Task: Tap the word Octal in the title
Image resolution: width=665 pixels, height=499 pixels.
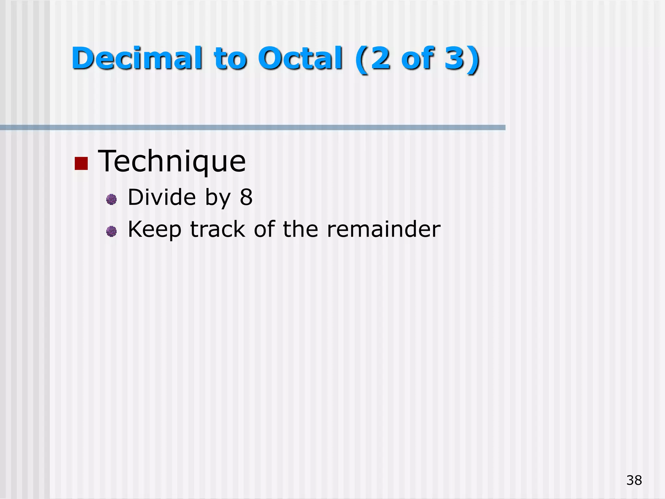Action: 300,58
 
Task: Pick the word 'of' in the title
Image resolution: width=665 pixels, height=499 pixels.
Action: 418,58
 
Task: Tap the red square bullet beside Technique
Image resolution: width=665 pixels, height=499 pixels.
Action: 81,163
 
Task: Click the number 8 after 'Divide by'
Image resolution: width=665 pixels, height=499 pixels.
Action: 246,197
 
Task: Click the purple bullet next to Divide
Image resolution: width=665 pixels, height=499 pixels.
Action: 111,199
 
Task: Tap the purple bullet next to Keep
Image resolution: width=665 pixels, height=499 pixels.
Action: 111,231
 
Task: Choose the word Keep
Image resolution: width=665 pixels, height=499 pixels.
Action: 155,230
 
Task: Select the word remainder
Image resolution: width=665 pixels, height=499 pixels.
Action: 383,229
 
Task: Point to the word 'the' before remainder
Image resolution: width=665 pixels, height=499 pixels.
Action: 300,229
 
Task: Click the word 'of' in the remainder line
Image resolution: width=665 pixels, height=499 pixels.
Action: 265,229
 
